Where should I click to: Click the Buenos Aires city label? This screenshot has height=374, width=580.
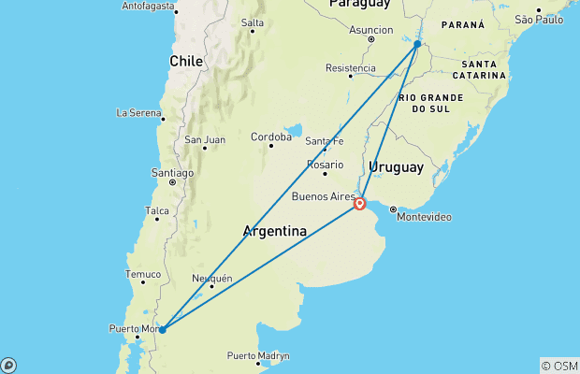tap(323, 196)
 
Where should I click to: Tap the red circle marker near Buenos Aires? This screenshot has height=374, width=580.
tap(360, 203)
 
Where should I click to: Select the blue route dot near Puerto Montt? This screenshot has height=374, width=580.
tap(162, 329)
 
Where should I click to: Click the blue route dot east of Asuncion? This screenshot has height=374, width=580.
tap(417, 44)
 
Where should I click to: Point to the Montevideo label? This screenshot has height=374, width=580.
tap(425, 217)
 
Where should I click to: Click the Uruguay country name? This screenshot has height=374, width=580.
tap(396, 167)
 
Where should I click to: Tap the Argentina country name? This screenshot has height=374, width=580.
tap(275, 231)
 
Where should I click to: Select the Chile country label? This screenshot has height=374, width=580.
tap(185, 61)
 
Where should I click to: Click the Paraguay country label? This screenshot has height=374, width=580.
tap(357, 5)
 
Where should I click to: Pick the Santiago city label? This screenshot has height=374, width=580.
tap(172, 172)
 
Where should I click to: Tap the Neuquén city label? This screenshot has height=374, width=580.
tap(210, 278)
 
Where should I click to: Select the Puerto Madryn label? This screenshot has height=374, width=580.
tap(257, 355)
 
